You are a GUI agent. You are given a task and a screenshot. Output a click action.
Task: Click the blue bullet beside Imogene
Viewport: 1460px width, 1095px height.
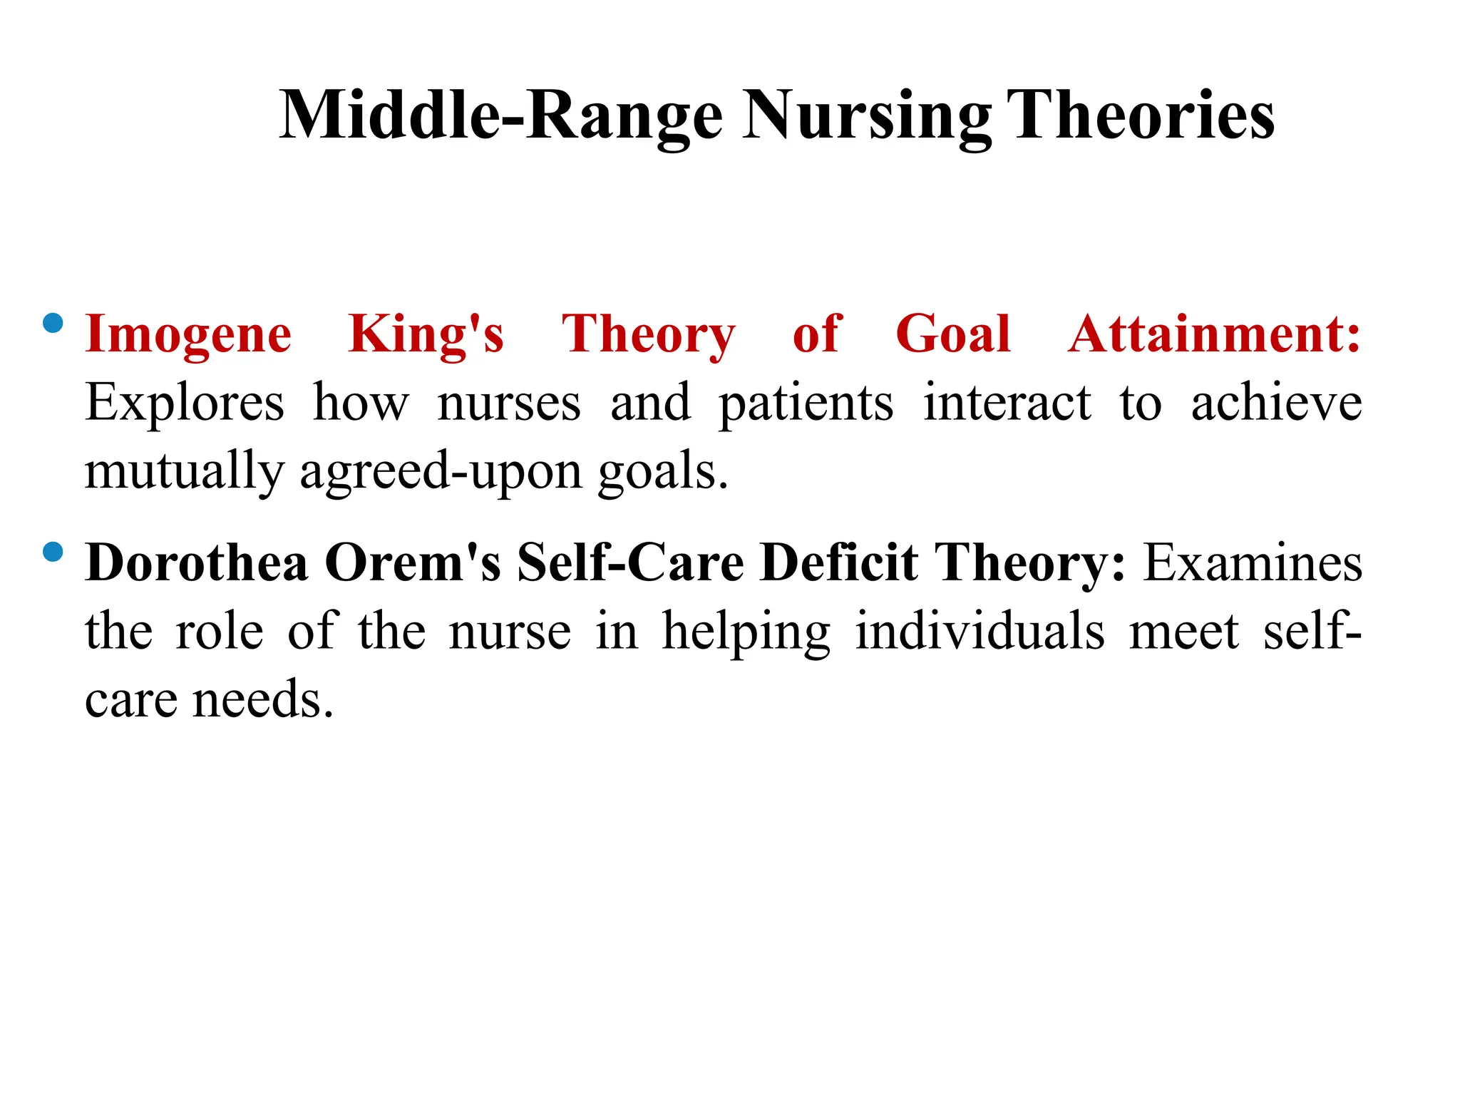[53, 324]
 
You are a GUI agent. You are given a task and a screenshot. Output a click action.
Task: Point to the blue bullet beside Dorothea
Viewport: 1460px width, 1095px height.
[53, 552]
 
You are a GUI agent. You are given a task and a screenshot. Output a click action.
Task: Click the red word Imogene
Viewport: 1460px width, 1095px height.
[188, 335]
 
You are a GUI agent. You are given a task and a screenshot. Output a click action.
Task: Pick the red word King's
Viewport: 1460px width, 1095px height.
[426, 335]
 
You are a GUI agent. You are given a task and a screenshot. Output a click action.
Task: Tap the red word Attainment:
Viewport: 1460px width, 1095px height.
[1214, 334]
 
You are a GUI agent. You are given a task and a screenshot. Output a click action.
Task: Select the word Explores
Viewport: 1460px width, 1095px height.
[185, 403]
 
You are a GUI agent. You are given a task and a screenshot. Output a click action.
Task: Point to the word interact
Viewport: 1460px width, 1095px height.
[1007, 403]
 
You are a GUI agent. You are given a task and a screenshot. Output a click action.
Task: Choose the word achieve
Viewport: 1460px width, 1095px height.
[1277, 403]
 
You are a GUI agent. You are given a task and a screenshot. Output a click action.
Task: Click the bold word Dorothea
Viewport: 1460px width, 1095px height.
[197, 563]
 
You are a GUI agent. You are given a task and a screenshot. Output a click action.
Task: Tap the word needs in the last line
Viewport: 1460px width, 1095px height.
[263, 699]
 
